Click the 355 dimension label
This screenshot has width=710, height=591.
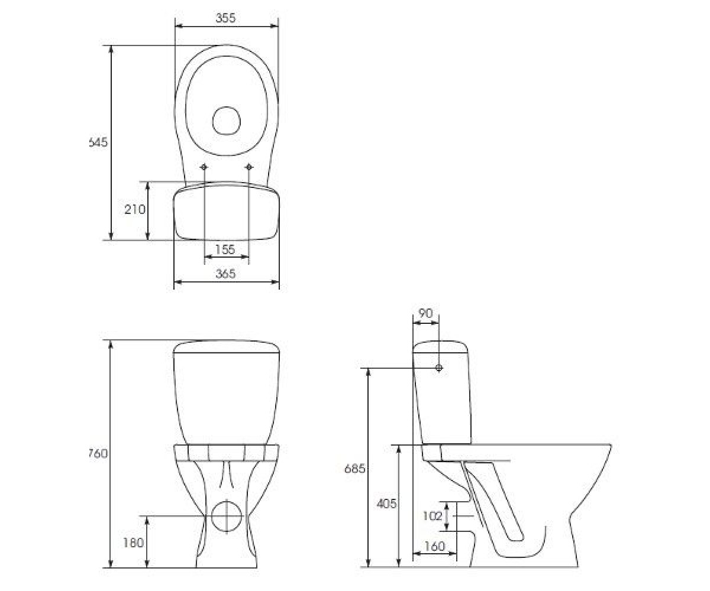click(225, 18)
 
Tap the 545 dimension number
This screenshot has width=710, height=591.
click(98, 142)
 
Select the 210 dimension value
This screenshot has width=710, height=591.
click(135, 209)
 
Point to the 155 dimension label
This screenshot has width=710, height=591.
click(225, 249)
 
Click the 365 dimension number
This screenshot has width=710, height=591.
click(225, 274)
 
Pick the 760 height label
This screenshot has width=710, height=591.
click(98, 453)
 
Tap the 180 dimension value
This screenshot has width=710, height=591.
click(133, 543)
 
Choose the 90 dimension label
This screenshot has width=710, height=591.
click(425, 313)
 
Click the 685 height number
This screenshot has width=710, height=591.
click(354, 469)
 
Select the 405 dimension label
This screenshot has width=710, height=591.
click(386, 504)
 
